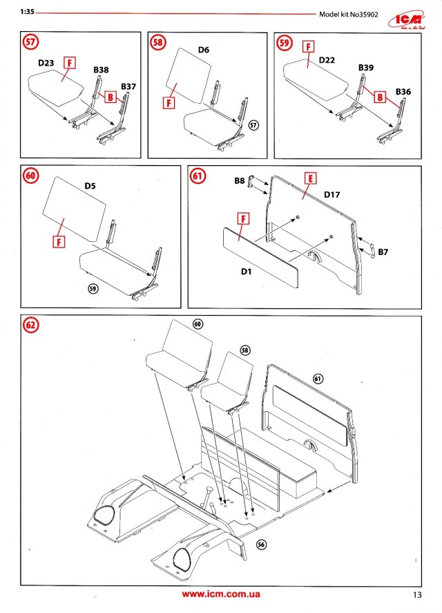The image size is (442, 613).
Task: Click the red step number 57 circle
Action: coord(30,42)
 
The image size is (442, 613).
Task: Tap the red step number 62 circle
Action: coord(31,324)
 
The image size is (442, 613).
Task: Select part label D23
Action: coord(46,63)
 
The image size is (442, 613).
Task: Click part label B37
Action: coord(128,86)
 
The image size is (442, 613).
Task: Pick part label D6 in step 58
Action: coord(204,50)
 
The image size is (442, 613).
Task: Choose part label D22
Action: coord(327,60)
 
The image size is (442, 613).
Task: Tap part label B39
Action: coord(366,67)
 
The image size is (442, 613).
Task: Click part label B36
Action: coord(403,91)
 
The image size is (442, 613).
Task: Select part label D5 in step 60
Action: coord(90,185)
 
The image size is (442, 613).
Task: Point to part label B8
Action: coord(239,182)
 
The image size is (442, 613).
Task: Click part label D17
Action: coord(334,196)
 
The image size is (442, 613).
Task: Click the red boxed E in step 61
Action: coord(311,178)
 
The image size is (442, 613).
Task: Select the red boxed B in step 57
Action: coord(109,99)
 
